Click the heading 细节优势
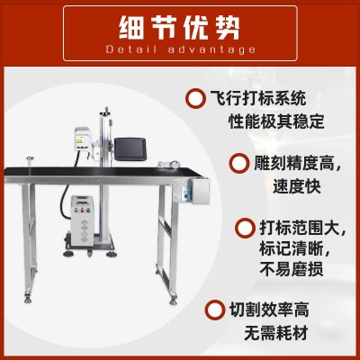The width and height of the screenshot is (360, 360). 179,28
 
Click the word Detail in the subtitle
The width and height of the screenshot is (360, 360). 132,49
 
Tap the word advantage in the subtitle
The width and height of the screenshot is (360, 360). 211,49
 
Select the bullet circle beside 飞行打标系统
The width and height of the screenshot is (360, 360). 196,98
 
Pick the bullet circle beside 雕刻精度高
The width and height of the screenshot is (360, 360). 239,163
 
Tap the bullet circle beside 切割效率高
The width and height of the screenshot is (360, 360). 215,310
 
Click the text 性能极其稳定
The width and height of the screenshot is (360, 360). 276,121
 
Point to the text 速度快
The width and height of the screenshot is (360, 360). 297,186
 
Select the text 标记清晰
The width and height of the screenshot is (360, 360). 291,249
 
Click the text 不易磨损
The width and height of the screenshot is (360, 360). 292,269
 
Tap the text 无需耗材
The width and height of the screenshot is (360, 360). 276,332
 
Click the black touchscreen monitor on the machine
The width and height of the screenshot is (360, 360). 130,149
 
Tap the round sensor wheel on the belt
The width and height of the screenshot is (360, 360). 175,164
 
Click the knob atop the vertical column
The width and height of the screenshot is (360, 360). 105,111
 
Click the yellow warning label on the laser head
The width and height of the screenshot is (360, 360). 79,140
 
